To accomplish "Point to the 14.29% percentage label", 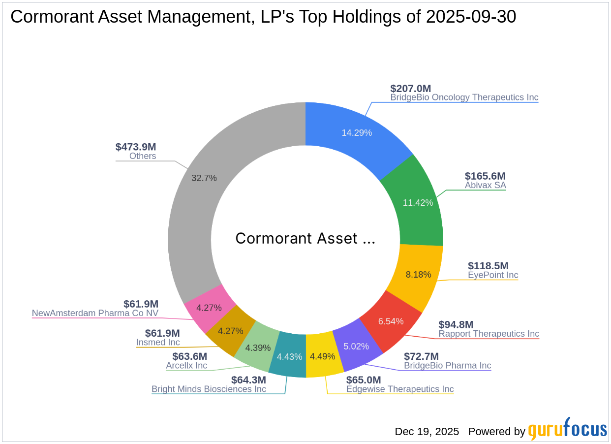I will tap(357, 132).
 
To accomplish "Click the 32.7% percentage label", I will tap(204, 178).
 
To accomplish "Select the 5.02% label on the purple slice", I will tap(356, 346).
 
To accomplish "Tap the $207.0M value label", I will tap(410, 89).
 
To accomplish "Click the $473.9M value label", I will tap(136, 147).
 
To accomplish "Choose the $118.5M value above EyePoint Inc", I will tap(488, 266).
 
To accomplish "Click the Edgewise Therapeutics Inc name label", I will tap(400, 389).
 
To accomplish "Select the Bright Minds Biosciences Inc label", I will tap(209, 389).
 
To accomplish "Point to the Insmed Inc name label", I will tap(158, 343).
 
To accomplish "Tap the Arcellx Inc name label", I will tap(186, 366).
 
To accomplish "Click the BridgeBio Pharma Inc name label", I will tap(448, 366).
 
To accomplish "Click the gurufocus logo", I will tap(568, 429).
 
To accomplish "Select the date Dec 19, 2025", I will tap(427, 432).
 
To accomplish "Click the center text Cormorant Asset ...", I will tap(305, 238).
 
